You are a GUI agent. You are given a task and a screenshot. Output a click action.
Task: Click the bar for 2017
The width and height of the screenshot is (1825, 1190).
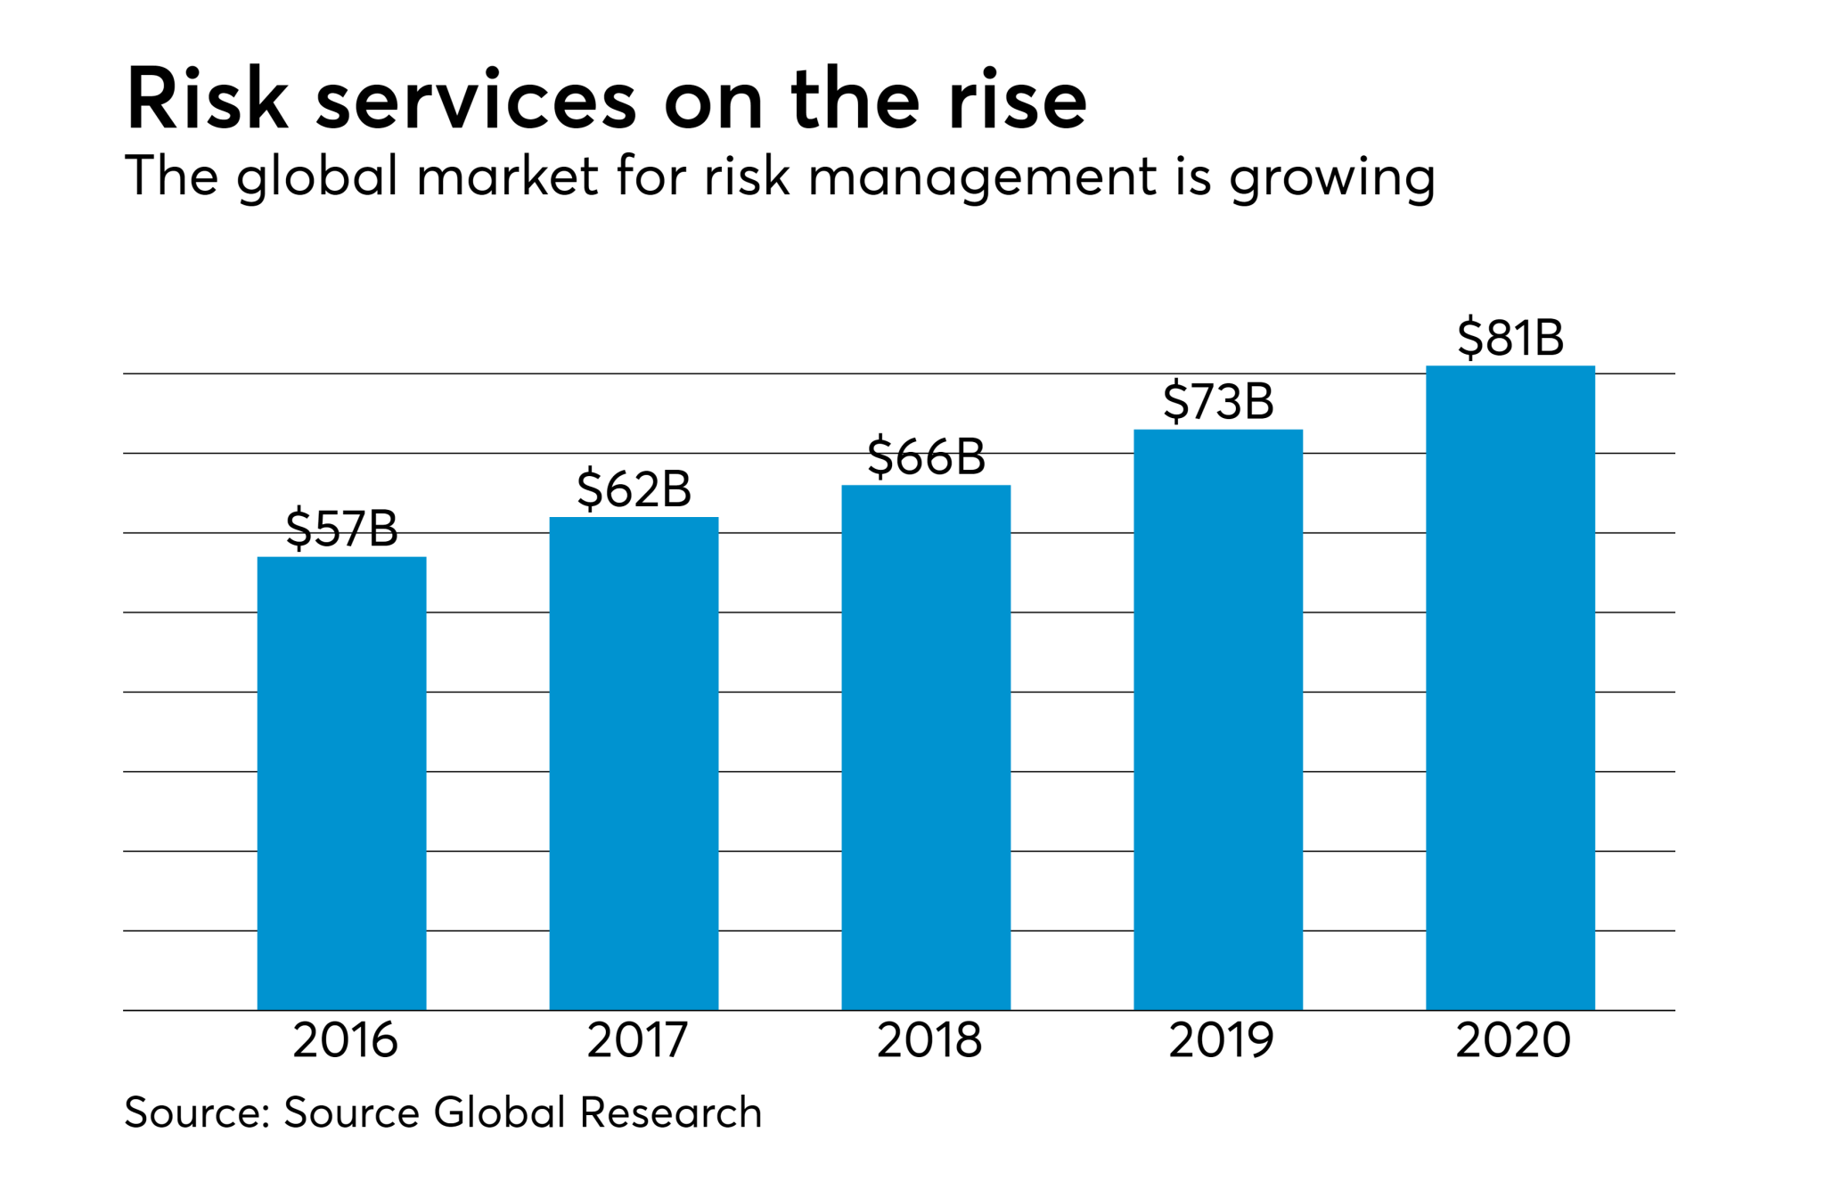(x=634, y=763)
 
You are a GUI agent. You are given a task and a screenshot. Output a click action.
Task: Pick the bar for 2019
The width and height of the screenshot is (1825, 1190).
(x=1218, y=719)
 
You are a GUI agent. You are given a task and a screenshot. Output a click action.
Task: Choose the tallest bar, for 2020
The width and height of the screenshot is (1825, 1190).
(x=1510, y=687)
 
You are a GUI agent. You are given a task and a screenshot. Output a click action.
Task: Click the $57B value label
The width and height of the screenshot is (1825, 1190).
(x=341, y=529)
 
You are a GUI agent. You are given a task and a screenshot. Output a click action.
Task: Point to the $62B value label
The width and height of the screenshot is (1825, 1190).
(x=634, y=489)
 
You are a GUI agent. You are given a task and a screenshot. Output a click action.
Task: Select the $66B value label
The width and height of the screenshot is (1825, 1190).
(x=926, y=457)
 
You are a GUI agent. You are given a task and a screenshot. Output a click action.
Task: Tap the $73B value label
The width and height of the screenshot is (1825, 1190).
(x=1218, y=401)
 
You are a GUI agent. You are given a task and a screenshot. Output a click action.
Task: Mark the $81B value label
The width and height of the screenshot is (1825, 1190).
(x=1510, y=338)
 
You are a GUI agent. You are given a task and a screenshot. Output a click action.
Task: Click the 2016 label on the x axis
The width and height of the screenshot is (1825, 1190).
(x=345, y=1040)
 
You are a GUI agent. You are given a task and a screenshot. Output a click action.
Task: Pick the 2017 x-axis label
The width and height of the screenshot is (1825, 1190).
(x=637, y=1040)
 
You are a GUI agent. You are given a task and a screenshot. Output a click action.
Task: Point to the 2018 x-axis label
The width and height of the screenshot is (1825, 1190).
(x=929, y=1040)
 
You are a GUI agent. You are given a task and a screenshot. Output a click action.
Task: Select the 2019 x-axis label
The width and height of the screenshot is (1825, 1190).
(x=1221, y=1040)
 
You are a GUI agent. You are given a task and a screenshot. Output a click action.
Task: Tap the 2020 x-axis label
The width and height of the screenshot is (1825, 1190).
(x=1513, y=1040)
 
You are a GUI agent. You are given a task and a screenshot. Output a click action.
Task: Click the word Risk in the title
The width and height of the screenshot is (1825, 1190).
(x=207, y=100)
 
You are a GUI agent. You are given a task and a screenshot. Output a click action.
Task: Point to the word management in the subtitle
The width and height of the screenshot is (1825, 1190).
(x=982, y=177)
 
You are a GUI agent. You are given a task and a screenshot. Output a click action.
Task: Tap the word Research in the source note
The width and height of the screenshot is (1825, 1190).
(x=670, y=1112)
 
